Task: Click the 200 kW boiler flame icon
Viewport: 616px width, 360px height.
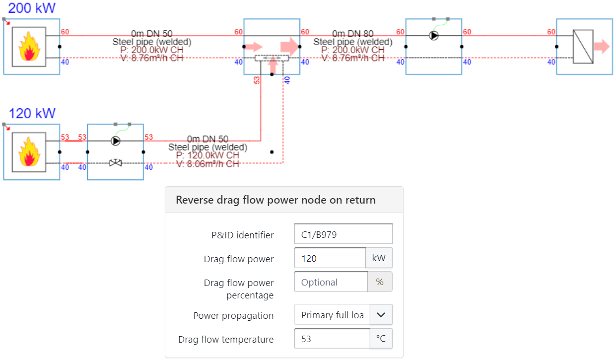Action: coord(29,46)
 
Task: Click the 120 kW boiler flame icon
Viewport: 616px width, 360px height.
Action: coord(29,151)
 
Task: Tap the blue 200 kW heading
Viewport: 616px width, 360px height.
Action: coord(32,8)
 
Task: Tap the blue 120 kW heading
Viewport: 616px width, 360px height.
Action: coord(32,113)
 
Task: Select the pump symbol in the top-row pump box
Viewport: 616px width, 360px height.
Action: coord(434,36)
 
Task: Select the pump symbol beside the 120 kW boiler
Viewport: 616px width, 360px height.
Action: coord(116,141)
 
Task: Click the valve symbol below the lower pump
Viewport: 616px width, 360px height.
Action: coord(116,162)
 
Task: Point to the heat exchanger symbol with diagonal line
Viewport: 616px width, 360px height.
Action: coord(583,46)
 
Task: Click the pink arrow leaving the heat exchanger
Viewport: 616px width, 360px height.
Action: coord(602,47)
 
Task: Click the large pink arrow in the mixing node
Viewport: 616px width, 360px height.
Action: coord(290,47)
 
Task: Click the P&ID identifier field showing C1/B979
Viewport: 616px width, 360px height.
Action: coord(343,234)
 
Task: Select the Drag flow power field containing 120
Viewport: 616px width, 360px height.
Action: coord(330,258)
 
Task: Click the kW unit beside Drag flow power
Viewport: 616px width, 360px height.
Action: coord(379,258)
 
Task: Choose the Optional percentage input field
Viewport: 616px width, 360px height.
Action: coord(331,282)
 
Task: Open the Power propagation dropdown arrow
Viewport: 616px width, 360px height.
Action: coord(381,315)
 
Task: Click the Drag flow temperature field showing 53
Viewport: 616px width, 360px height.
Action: coord(332,339)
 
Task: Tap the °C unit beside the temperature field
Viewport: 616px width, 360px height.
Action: coord(381,339)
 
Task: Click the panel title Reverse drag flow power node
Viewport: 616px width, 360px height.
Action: coord(275,200)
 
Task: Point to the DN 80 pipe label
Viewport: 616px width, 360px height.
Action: coord(353,34)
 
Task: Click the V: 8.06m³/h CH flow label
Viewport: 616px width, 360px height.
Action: coord(207,164)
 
